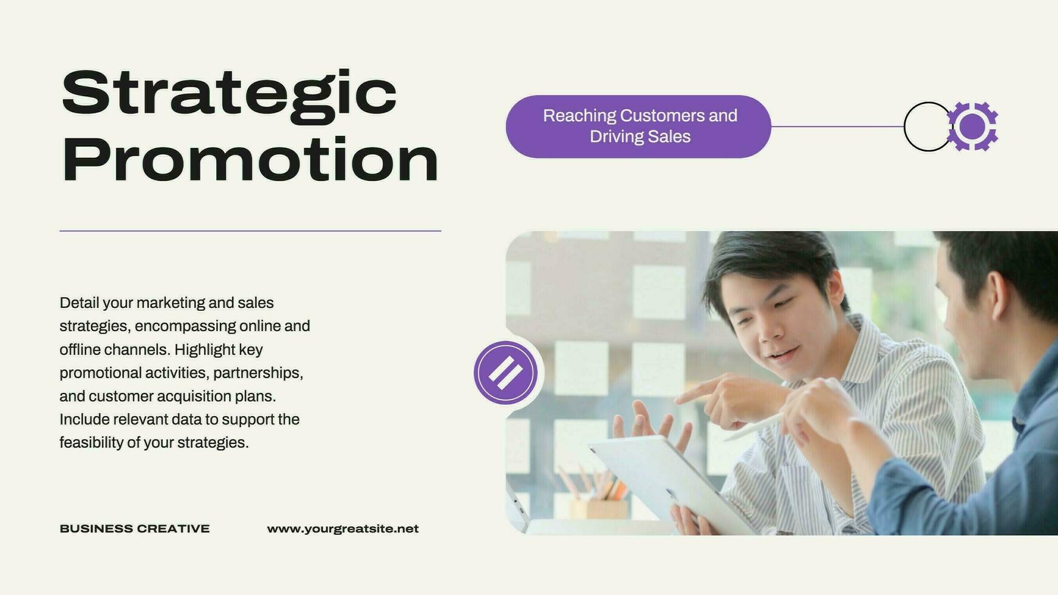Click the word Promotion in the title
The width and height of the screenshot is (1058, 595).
tap(250, 160)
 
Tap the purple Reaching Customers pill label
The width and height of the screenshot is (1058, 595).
tap(638, 126)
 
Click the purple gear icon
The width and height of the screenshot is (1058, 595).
tap(973, 126)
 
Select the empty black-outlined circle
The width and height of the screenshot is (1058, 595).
tap(926, 126)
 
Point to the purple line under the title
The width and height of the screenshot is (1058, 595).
tap(250, 231)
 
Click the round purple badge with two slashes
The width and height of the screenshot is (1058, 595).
tap(505, 373)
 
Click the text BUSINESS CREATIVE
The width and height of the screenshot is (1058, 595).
tap(134, 529)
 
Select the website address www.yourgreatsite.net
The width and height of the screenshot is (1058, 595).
tap(343, 529)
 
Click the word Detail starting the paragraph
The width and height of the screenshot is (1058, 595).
tap(79, 303)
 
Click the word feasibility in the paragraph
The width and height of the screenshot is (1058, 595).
tap(91, 443)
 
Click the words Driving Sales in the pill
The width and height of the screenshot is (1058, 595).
tap(640, 137)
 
